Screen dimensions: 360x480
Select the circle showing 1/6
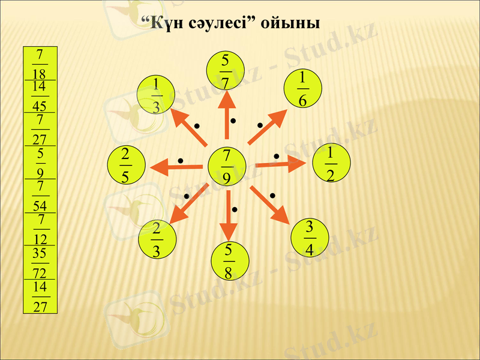302,89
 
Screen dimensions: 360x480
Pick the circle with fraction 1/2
331,163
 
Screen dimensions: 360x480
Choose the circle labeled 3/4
309,238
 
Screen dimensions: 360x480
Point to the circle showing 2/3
157,238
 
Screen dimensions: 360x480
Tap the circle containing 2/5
126,165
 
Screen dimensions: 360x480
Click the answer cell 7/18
40,64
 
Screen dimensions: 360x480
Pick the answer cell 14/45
40,96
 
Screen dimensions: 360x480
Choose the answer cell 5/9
40,163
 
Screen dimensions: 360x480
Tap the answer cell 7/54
40,196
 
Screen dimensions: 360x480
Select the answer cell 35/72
40,262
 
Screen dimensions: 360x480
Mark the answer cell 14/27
40,296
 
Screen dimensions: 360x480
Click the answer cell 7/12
40,229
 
